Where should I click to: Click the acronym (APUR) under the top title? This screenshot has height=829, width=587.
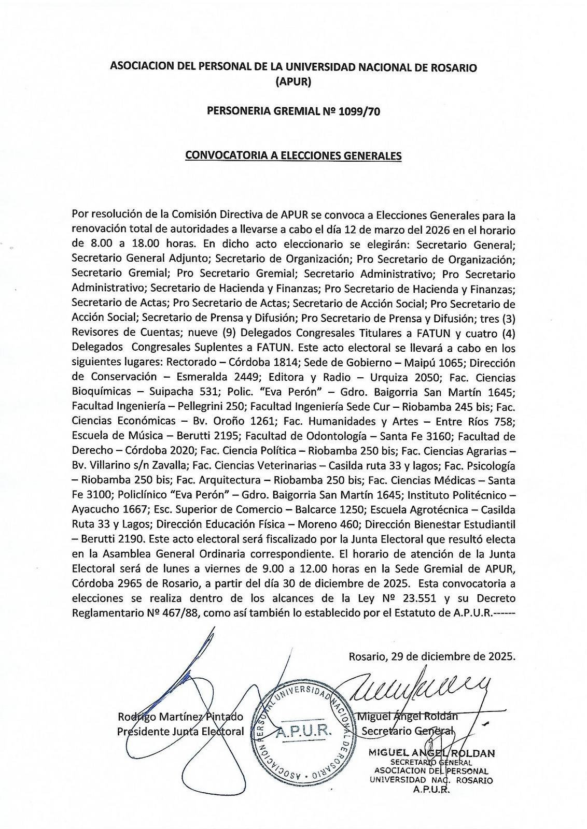click(x=293, y=81)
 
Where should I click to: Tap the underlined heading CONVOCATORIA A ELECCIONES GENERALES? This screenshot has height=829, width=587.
click(x=293, y=155)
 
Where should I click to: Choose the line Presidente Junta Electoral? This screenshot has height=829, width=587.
click(x=180, y=732)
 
